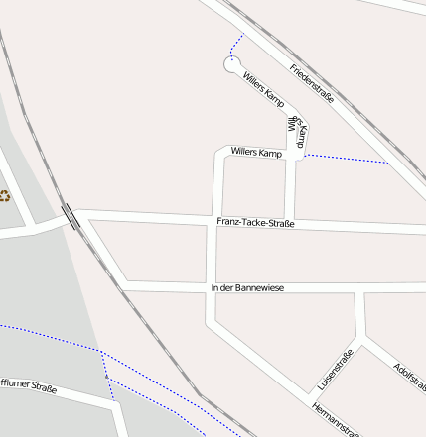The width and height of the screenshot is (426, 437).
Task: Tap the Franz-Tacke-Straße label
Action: click(255, 223)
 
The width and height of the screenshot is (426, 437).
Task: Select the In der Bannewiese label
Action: click(247, 287)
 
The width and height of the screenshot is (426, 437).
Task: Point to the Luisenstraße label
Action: click(336, 370)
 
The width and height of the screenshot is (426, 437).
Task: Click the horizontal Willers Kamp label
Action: click(256, 153)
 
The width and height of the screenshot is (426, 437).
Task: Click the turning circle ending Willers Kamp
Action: click(231, 66)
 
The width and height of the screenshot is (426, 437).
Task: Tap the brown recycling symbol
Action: click(4, 194)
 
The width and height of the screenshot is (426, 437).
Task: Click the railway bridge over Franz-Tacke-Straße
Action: click(71, 215)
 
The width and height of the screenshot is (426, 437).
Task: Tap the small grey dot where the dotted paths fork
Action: click(105, 377)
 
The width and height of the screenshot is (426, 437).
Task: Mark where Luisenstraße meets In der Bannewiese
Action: click(359, 291)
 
